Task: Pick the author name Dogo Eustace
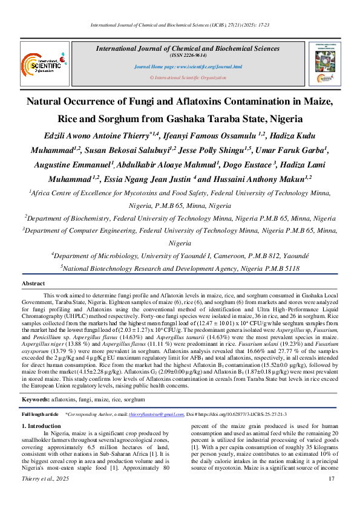pos(242,164)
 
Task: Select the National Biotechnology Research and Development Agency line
pos(180,268)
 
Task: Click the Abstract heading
pos(33,284)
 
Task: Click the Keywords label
pos(36,400)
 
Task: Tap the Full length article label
pos(40,414)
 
